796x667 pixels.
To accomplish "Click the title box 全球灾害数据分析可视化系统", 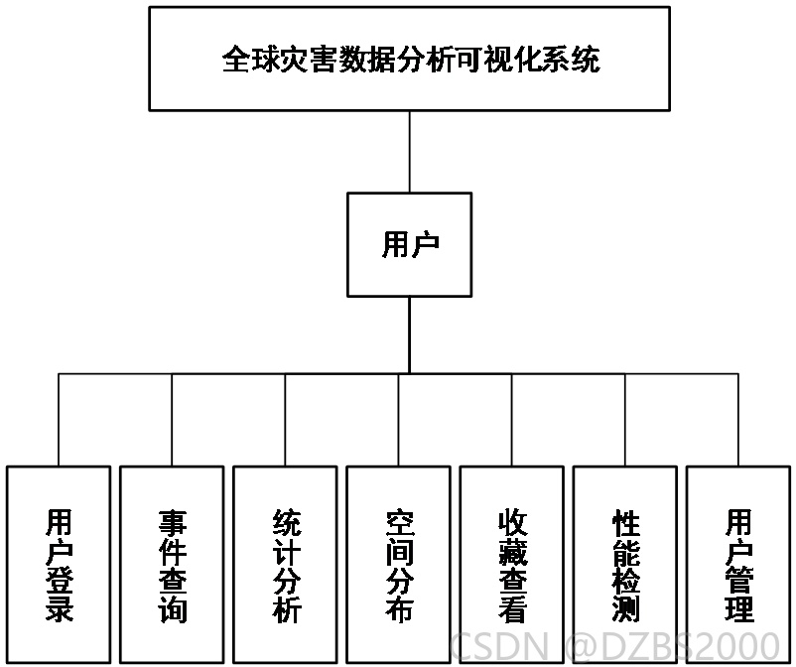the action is (409, 59).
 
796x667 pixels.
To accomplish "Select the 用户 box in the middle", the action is (409, 244).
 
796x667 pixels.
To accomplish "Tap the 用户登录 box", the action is (59, 564).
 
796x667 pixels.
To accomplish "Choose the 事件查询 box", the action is (172, 564).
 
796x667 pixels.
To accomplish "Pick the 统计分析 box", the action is (285, 564).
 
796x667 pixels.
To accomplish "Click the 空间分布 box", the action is (398, 564).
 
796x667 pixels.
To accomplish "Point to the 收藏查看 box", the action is (511, 564).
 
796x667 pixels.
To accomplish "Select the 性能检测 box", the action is (625, 564).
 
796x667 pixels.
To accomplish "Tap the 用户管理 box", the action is (738, 564).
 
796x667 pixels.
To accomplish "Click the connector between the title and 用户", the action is (409, 152).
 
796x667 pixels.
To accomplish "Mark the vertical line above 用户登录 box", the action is (59, 420).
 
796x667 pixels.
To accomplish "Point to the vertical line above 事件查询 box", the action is (172, 420).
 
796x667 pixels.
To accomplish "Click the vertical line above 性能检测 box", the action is (625, 420).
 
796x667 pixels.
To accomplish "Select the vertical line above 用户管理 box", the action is (738, 420).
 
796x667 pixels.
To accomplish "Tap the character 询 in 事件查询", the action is (172, 609).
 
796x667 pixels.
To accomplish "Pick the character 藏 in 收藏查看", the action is (512, 552).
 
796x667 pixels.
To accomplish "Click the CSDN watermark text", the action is (499, 646).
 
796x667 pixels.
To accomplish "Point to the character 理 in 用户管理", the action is (738, 608).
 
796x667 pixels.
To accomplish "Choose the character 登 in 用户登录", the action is (60, 581).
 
